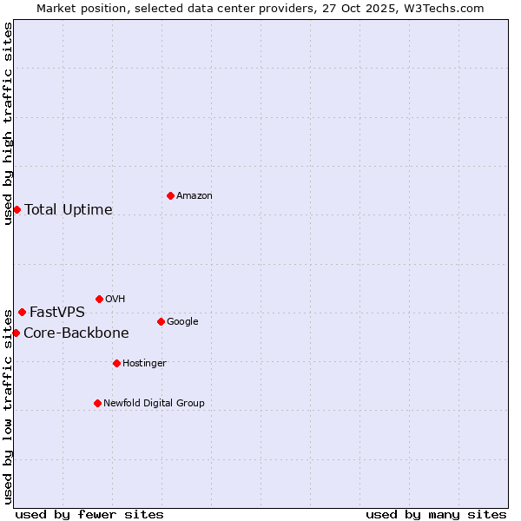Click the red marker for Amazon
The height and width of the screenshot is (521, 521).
click(170, 195)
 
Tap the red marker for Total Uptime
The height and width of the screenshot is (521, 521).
click(16, 209)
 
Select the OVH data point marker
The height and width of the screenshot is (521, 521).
click(99, 299)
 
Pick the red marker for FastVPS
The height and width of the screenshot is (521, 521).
click(22, 312)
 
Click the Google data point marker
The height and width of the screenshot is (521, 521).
click(161, 321)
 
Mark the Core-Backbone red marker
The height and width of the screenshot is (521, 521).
click(16, 333)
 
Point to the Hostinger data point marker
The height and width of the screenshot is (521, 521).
click(116, 363)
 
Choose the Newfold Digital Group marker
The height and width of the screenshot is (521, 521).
click(97, 403)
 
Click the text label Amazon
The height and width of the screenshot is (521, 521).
click(195, 196)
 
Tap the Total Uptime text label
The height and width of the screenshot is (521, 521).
click(69, 210)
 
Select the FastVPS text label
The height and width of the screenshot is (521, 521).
click(57, 313)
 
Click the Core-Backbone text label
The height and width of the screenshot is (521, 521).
click(76, 333)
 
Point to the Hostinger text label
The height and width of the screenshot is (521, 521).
click(144, 363)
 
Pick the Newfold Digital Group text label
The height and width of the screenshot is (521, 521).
click(155, 403)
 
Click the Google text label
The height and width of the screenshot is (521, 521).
click(182, 322)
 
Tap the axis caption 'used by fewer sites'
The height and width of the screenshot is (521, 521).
click(89, 514)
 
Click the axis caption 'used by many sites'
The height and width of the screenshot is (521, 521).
click(436, 514)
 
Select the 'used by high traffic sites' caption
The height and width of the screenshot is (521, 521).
click(8, 123)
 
